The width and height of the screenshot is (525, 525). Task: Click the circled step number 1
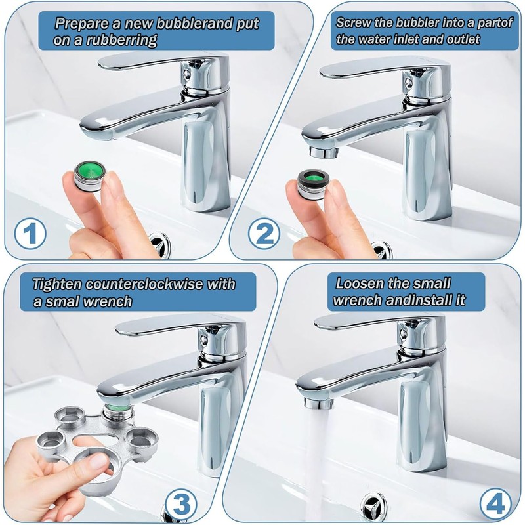coord(30,233)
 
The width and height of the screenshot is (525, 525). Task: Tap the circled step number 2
coord(264,233)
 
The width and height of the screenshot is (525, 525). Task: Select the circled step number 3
coord(182,504)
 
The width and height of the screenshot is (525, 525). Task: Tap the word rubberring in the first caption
coord(122,41)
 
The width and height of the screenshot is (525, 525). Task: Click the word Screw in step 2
coord(354,22)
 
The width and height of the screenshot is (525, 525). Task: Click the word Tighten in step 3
coord(57,285)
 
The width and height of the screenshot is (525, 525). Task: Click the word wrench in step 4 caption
coord(358,301)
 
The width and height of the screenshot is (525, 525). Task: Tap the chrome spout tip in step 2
coord(324,152)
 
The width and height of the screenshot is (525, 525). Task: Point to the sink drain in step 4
coord(373,504)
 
